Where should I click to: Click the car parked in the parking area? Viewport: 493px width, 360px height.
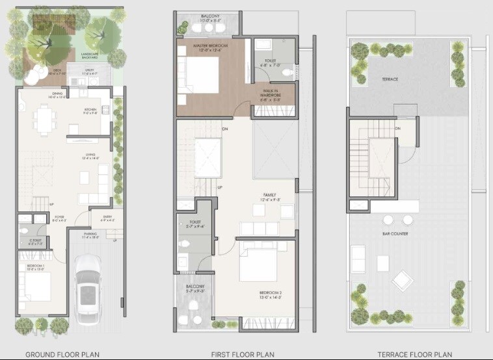click(88, 287)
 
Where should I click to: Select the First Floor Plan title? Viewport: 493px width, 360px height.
click(243, 354)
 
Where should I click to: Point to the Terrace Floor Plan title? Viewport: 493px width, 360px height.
click(414, 354)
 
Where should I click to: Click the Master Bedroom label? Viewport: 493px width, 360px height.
click(207, 45)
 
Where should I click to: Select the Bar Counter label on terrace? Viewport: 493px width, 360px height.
click(395, 234)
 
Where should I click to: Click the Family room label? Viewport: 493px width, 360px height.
click(269, 194)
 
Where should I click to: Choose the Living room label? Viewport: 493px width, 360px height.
click(90, 155)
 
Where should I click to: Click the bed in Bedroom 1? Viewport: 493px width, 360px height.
click(33, 286)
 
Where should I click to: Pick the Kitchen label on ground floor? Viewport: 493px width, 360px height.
click(90, 110)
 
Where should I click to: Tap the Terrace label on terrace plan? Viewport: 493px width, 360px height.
click(390, 79)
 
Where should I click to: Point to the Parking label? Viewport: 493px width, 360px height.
click(90, 235)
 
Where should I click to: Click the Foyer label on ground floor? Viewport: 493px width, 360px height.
click(59, 218)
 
